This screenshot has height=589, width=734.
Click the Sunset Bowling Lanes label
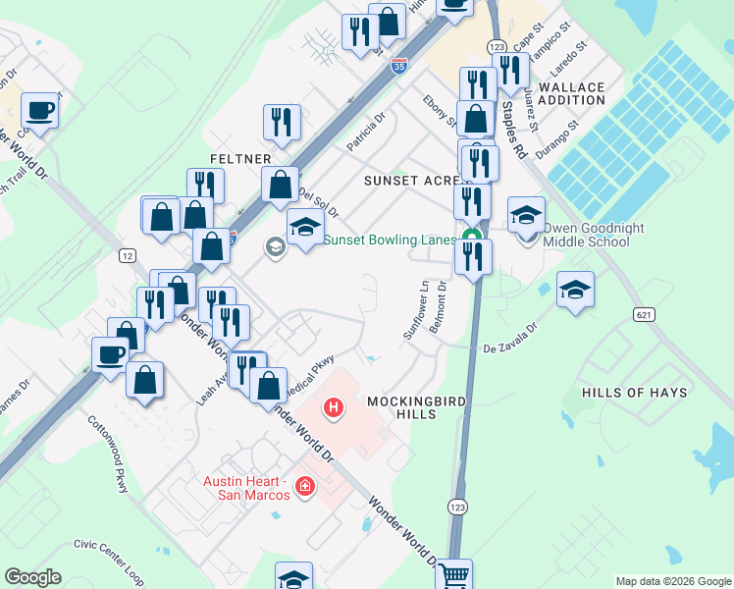click(x=390, y=240)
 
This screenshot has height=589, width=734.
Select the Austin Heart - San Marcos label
click(x=245, y=488)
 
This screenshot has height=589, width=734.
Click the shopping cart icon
click(x=453, y=575)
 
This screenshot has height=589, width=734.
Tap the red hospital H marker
click(x=334, y=407)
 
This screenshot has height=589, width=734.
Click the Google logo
click(x=32, y=577)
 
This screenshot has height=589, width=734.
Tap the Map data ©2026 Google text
click(x=672, y=581)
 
